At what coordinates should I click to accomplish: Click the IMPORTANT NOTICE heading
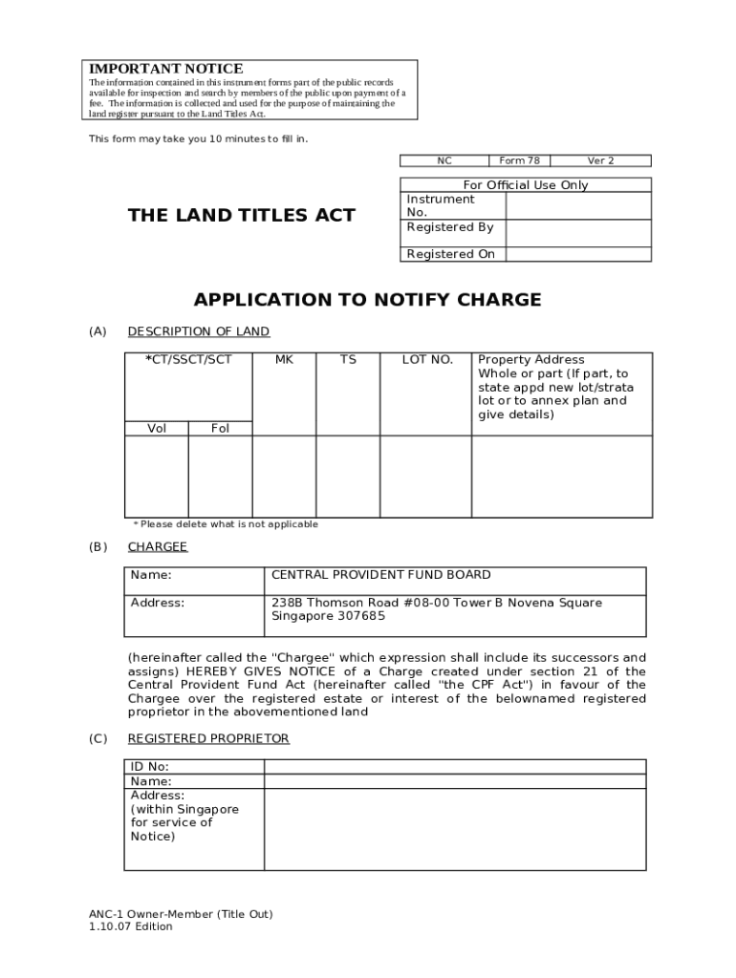click(x=165, y=69)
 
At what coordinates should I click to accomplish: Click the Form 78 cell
click(x=519, y=160)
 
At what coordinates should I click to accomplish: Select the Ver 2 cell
click(x=600, y=160)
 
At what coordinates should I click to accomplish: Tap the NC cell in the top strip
click(x=444, y=160)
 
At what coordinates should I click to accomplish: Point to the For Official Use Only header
click(x=525, y=185)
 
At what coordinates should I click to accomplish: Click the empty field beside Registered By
click(x=577, y=233)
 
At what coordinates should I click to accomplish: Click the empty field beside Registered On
click(x=577, y=254)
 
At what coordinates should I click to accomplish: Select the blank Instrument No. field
click(x=577, y=206)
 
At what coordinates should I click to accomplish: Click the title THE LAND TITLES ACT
click(x=241, y=216)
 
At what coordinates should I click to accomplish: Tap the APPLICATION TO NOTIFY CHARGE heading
click(x=367, y=300)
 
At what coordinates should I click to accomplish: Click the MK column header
click(x=284, y=360)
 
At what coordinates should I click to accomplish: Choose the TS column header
click(x=348, y=360)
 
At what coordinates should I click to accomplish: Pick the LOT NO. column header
click(x=427, y=360)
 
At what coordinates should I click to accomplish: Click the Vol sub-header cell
click(x=157, y=429)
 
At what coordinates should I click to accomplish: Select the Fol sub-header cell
click(x=220, y=429)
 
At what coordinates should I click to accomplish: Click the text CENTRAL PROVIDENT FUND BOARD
click(x=380, y=575)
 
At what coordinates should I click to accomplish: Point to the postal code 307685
click(x=361, y=616)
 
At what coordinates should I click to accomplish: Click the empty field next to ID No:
click(x=454, y=766)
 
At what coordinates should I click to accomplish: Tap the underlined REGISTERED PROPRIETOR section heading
click(x=208, y=739)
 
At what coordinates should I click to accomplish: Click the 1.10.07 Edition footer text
click(x=131, y=926)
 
